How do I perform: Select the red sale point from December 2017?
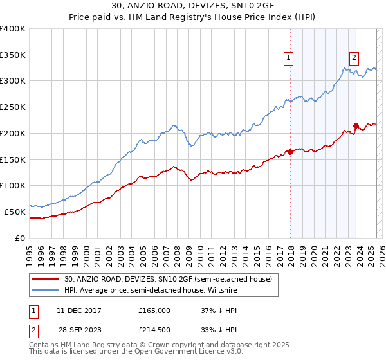pos(290,152)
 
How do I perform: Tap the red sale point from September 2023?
pos(356,125)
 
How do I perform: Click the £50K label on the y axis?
pos(15,212)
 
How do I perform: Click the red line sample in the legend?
pos(44,279)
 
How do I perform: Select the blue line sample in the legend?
pos(44,290)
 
